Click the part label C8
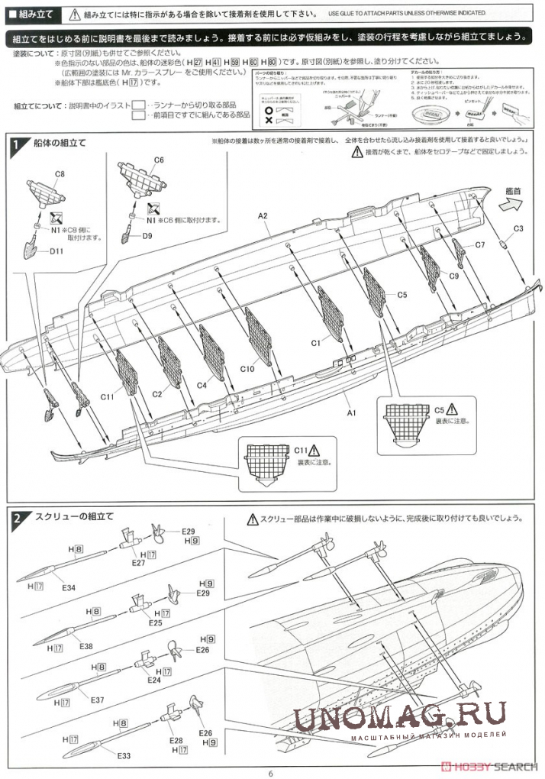click(60, 174)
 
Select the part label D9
click(148, 236)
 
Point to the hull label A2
click(263, 216)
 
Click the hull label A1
click(353, 412)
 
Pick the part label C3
click(518, 228)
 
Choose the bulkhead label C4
click(202, 386)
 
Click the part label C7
click(479, 245)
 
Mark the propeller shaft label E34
click(69, 587)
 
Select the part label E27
click(137, 563)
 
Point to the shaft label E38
click(86, 646)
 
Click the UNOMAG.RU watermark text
click(398, 716)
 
